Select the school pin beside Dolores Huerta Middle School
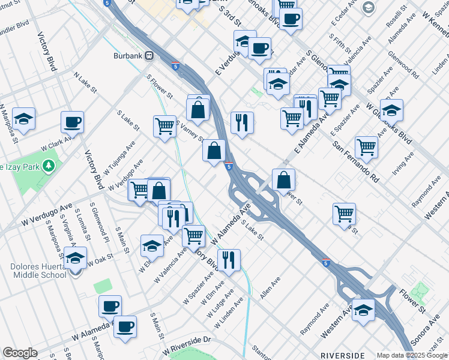[x=76, y=259]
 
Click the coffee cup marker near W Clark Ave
[x=72, y=122]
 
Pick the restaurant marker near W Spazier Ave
[x=229, y=260]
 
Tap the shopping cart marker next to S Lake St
[x=164, y=127]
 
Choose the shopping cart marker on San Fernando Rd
[x=366, y=146]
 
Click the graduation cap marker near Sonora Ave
[x=363, y=310]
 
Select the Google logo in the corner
[x=20, y=353]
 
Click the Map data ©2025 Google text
[x=412, y=355]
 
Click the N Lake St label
[x=85, y=83]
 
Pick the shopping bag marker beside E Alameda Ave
[x=283, y=179]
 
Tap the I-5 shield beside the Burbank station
[x=175, y=66]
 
